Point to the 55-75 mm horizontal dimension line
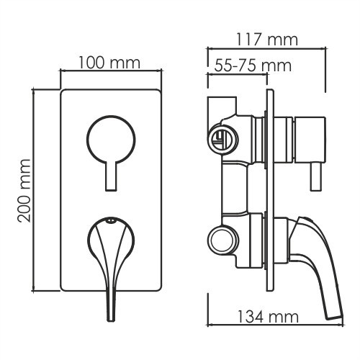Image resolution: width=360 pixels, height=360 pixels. click(237, 75)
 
